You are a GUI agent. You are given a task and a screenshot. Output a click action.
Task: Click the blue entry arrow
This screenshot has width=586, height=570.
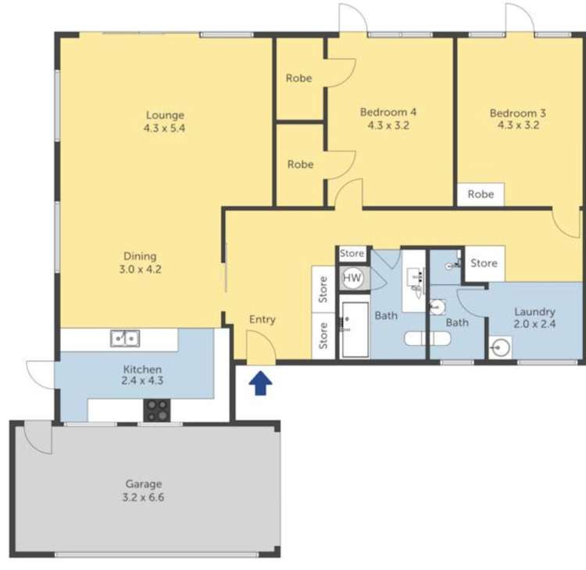(x=262, y=383)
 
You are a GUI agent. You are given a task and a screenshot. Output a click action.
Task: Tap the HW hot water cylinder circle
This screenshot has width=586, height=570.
(x=352, y=277)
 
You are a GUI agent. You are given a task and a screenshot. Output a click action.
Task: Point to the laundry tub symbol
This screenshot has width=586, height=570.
(x=500, y=346)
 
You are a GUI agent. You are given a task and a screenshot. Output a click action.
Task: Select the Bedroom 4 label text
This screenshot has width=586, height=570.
(x=388, y=118)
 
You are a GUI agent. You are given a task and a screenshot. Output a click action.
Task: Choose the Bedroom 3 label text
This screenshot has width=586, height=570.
(x=518, y=119)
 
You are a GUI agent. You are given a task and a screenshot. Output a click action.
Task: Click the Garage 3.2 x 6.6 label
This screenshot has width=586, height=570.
(x=145, y=490)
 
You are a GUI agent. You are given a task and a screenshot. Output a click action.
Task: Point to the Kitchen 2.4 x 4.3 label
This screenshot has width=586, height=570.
(x=142, y=376)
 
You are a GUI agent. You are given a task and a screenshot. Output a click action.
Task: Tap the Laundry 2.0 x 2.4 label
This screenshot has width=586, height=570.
(x=534, y=318)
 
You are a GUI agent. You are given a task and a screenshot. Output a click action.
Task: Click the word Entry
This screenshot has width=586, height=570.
(x=263, y=319)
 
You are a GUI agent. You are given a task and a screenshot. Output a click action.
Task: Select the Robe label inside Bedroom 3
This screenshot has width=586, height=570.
(x=481, y=194)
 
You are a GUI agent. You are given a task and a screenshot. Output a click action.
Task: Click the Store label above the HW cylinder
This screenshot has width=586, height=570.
(x=352, y=254)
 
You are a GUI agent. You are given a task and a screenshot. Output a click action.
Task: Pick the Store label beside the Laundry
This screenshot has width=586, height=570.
(x=484, y=263)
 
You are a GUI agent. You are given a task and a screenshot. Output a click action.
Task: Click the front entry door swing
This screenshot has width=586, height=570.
(x=259, y=348)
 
